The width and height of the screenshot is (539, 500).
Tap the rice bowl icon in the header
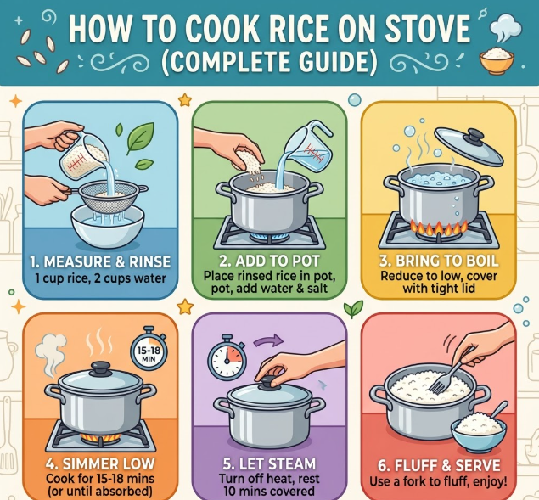(x=497, y=60)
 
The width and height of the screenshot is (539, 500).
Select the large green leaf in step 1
(x=140, y=138)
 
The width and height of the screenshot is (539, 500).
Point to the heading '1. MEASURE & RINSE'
(x=100, y=262)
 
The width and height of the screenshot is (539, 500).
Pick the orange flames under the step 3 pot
(x=439, y=228)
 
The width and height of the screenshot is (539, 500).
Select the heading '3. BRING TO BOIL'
(x=439, y=261)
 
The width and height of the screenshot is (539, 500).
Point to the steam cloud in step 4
(x=51, y=355)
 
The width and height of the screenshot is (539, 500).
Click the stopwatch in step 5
(x=227, y=357)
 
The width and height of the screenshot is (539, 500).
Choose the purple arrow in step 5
(x=268, y=341)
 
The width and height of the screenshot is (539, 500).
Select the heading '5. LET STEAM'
(x=269, y=463)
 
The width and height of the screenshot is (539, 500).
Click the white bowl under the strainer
(x=107, y=225)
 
